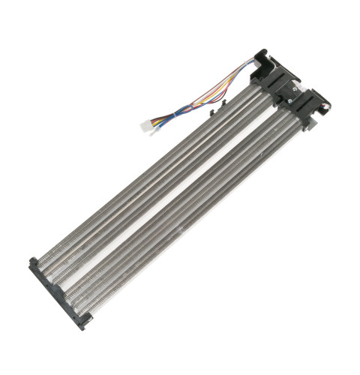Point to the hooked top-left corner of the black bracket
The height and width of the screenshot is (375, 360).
click(x=259, y=53)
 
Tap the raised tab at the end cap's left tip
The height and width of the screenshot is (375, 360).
click(x=31, y=262)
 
